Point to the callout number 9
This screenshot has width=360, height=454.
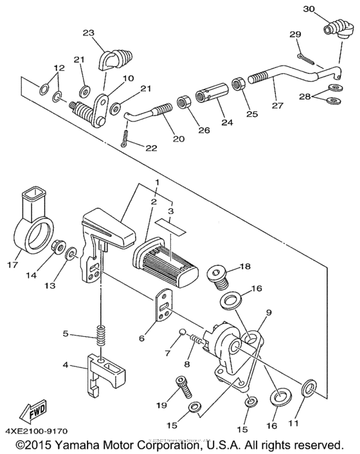click(269, 313)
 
